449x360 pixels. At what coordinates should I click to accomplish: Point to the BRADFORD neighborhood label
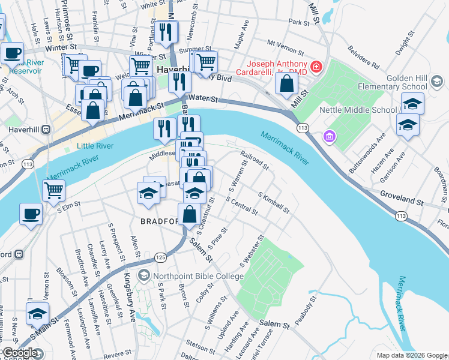(160, 221)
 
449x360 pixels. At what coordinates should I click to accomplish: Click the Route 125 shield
(160, 257)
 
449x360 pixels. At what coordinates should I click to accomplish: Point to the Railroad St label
(253, 160)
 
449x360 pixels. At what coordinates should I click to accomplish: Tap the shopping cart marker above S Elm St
(54, 191)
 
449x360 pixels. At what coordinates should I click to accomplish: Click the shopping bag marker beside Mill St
(287, 83)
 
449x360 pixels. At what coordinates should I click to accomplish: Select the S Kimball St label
(274, 203)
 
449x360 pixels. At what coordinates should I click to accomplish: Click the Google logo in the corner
(20, 353)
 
